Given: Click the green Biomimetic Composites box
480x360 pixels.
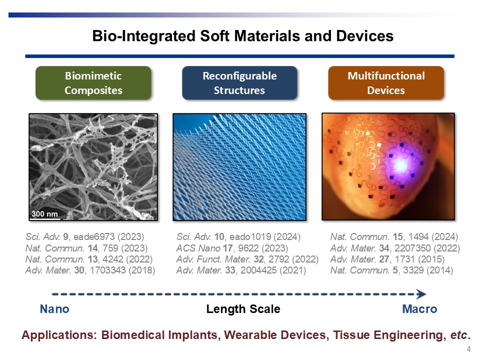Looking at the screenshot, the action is (93, 83).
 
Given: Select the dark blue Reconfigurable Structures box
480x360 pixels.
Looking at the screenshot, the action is (239, 83).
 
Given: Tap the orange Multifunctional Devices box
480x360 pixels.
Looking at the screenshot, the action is (386, 83).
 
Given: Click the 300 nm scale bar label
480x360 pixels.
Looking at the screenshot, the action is (44, 213).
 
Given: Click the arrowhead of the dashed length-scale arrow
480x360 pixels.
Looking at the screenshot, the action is (421, 294).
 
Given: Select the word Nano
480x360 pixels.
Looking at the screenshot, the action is (54, 309).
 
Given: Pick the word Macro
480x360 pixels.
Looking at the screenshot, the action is (419, 309).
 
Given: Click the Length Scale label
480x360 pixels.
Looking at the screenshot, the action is (243, 309).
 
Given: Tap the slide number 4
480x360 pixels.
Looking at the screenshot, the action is (468, 349).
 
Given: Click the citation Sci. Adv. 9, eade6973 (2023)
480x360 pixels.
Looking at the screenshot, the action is (85, 236).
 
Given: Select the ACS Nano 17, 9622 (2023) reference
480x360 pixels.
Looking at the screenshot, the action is (232, 248).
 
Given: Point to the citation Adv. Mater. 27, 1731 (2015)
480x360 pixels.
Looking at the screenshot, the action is (387, 259).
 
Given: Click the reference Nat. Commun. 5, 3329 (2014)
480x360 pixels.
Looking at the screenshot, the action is (391, 270).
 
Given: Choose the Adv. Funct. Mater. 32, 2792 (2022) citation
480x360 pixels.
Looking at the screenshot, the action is (247, 259).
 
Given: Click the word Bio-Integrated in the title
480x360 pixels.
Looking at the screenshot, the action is (144, 36).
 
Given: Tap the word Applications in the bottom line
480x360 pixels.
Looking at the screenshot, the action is (59, 335).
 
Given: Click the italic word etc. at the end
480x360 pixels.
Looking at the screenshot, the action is (460, 335).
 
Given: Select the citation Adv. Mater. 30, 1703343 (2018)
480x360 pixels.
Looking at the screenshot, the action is (90, 270).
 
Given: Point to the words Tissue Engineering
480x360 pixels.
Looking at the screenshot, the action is (389, 335).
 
